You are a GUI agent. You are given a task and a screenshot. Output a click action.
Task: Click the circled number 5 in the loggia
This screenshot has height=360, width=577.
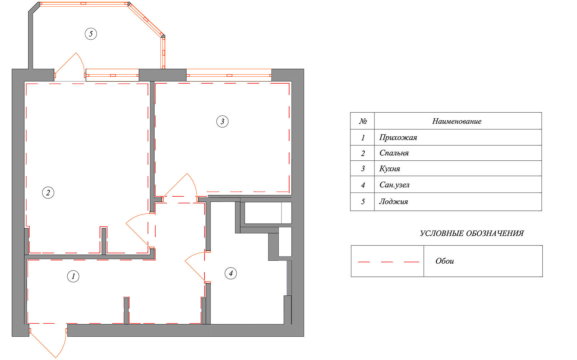[91, 34]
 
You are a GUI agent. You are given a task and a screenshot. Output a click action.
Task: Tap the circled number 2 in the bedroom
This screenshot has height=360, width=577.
[48, 193]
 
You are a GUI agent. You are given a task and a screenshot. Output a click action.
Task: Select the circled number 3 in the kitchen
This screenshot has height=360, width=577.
[223, 121]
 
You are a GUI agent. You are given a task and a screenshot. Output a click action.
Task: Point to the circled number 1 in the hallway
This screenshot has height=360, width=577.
[73, 276]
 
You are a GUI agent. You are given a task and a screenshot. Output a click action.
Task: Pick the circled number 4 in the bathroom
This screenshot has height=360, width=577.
[231, 273]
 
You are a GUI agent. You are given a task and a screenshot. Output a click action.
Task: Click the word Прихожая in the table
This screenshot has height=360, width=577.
[398, 138]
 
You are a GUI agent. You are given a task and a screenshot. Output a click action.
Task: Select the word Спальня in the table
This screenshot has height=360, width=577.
[394, 153]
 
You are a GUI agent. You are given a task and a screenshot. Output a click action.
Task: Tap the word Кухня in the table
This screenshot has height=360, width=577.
[390, 169]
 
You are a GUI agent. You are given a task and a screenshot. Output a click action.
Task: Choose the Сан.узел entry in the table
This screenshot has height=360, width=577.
[394, 185]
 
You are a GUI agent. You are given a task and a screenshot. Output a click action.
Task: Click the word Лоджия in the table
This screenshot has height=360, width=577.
[394, 201]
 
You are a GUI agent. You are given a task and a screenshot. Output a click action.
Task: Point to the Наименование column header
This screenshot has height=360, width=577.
[457, 121]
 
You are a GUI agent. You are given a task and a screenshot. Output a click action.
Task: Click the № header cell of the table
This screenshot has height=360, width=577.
[363, 121]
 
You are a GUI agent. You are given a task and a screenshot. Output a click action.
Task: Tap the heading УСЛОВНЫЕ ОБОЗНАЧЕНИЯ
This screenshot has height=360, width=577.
[472, 233]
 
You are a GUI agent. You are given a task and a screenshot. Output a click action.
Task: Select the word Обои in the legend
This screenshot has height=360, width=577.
[445, 261]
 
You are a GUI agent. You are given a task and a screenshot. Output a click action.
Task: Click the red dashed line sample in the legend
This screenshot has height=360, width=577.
[388, 262]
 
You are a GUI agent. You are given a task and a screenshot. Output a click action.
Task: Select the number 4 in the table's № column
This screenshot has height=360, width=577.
[363, 185]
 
